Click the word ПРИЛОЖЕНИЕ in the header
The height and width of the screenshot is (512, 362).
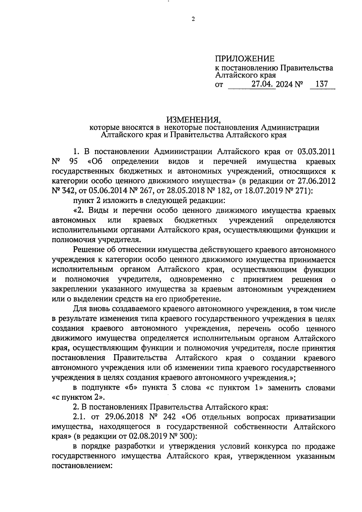(245, 59)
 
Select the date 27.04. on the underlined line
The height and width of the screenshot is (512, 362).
(263, 84)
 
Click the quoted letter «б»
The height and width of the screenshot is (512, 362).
(133, 387)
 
